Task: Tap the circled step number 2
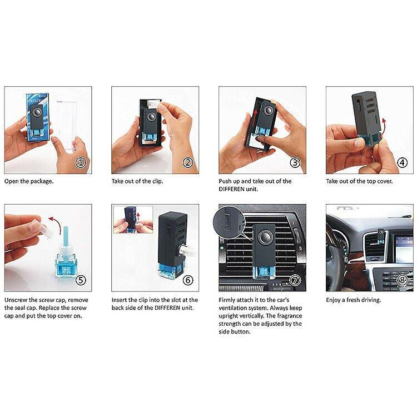click(x=187, y=163)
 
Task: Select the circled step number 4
click(x=402, y=163)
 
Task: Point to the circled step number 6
click(x=187, y=280)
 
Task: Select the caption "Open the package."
click(x=29, y=181)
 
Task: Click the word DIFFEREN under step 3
click(x=236, y=189)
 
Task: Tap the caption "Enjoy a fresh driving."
click(x=353, y=300)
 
